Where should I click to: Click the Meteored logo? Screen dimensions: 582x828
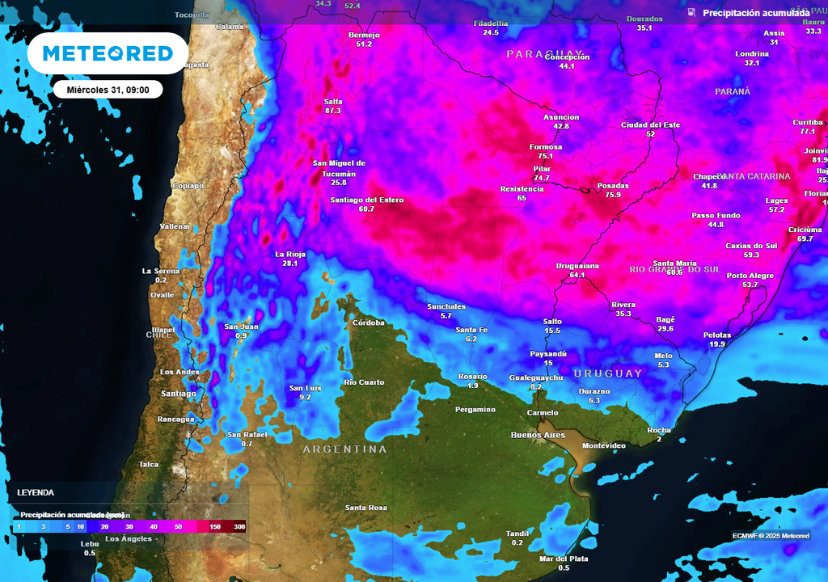[x=108, y=53]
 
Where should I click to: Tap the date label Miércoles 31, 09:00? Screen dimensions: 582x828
[x=108, y=90]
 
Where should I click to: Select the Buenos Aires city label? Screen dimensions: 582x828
[x=538, y=435]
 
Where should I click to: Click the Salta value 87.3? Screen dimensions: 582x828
[x=332, y=110]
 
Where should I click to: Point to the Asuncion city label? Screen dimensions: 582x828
[x=561, y=117]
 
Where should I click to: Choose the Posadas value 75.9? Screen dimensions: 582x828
[x=613, y=195]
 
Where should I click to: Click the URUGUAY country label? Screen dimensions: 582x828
[x=608, y=373]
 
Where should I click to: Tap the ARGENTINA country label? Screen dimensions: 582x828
[x=344, y=449]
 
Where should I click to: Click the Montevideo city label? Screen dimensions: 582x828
[x=604, y=445]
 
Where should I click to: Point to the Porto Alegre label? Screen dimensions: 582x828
[x=750, y=276]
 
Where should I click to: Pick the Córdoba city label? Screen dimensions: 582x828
[x=369, y=323]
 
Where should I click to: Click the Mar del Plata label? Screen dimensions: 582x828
[x=564, y=559]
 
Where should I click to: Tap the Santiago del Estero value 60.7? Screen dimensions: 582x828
[x=366, y=209]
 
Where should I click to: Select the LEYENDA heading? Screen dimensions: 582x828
[x=36, y=491]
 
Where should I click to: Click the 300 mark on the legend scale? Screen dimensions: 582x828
[x=239, y=527]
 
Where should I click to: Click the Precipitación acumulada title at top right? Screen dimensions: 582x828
[x=755, y=13]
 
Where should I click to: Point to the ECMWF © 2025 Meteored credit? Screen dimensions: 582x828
[x=771, y=536]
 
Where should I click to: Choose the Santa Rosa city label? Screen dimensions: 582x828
[x=366, y=508]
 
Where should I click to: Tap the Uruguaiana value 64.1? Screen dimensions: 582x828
[x=577, y=276]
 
